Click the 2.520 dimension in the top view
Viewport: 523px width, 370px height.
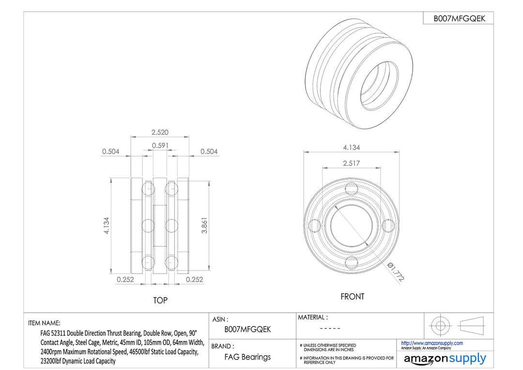pyautogui.click(x=160, y=132)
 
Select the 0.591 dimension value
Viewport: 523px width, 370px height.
pyautogui.click(x=160, y=145)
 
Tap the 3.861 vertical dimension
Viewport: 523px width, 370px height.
pyautogui.click(x=204, y=225)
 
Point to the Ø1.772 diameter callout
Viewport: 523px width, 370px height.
pyautogui.click(x=396, y=272)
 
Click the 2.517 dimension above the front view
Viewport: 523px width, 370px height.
pyautogui.click(x=351, y=163)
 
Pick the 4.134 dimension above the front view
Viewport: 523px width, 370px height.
pyautogui.click(x=352, y=147)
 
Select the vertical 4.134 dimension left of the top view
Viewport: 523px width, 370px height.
pyautogui.click(x=107, y=225)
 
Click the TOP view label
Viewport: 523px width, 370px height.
pyautogui.click(x=160, y=301)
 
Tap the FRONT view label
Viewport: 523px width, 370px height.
pyautogui.click(x=352, y=297)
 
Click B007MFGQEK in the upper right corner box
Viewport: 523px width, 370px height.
pyautogui.click(x=459, y=19)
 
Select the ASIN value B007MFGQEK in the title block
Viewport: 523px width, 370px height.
pyautogui.click(x=247, y=329)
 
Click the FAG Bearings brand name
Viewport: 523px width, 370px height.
pyautogui.click(x=247, y=357)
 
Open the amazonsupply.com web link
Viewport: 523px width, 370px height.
pyautogui.click(x=432, y=343)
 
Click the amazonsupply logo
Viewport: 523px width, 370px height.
pyautogui.click(x=445, y=359)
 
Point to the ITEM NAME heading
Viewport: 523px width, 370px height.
pyautogui.click(x=44, y=323)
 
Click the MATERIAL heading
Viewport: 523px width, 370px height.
pyautogui.click(x=313, y=317)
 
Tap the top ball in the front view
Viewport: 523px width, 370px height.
pyautogui.click(x=351, y=189)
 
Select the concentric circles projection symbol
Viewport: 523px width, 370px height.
pyautogui.click(x=440, y=325)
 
